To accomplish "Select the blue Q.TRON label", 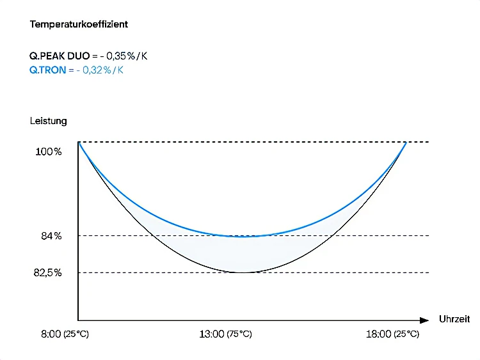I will pos(48,70).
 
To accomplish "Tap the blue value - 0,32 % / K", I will pos(100,70).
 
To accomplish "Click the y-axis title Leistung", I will pos(48,120).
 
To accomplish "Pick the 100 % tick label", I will pos(49,152).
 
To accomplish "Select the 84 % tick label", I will pos(51,236).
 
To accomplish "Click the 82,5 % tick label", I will pos(48,273).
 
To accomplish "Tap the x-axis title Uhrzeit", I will pos(454,318).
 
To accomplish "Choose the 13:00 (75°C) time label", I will pos(225,334).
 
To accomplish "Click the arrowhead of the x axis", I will pos(424,320).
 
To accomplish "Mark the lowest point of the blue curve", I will pos(242,237).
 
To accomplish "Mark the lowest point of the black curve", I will pos(242,273).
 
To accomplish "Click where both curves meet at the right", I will pos(406,142).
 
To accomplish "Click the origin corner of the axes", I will pos(78,320).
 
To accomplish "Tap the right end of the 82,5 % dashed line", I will pos(428,273).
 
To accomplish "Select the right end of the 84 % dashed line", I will pos(428,236).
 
